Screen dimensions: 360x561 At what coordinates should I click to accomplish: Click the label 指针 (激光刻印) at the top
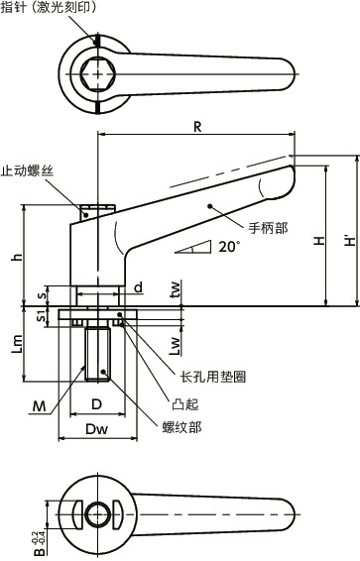click(49, 8)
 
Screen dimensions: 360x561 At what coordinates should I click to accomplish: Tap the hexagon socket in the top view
click(98, 74)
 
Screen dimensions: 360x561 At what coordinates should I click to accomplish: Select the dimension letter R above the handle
click(197, 127)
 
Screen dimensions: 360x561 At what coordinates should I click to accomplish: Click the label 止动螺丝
click(27, 170)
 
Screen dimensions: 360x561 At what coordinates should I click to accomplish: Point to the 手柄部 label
click(269, 228)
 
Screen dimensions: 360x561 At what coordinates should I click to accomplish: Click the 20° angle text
click(229, 247)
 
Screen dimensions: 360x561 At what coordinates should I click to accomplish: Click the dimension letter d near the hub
click(139, 286)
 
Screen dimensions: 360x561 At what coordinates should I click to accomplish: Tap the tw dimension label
click(175, 290)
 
